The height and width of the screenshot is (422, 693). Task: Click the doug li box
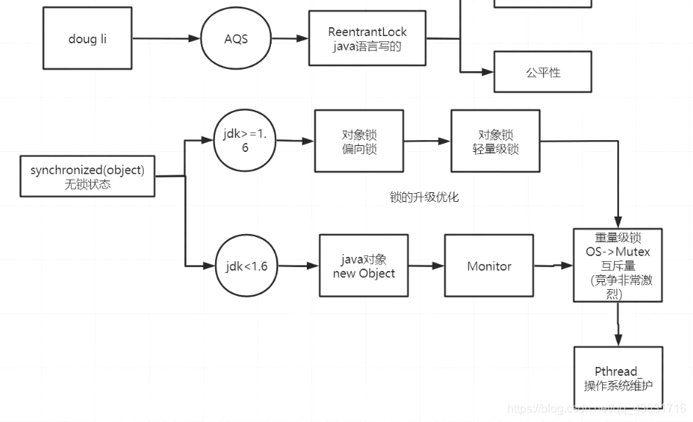[x=87, y=38]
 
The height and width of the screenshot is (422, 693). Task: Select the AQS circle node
[x=236, y=39]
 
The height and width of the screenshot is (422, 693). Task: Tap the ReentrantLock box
[x=367, y=39]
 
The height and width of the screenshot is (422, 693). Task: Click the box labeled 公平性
[x=543, y=72]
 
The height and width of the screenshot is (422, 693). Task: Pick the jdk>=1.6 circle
[x=245, y=139]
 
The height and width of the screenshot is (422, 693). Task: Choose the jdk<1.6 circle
[x=247, y=266]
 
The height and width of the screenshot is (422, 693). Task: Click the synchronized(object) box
[x=87, y=176]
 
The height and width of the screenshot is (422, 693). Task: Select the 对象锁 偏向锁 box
[x=359, y=142]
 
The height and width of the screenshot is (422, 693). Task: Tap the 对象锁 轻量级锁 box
[x=496, y=142]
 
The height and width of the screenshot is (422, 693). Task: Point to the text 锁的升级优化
[x=424, y=197]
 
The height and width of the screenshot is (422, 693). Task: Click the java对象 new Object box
[x=363, y=266]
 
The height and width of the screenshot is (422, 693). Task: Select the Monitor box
[x=489, y=266]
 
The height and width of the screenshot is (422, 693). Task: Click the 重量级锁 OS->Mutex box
[x=617, y=265]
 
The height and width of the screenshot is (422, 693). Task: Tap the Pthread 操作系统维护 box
[x=617, y=377]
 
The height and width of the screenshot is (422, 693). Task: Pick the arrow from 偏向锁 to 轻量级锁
[x=427, y=141]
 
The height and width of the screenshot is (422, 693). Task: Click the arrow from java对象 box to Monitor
[x=427, y=266]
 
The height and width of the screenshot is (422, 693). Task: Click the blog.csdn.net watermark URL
[x=597, y=408]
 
